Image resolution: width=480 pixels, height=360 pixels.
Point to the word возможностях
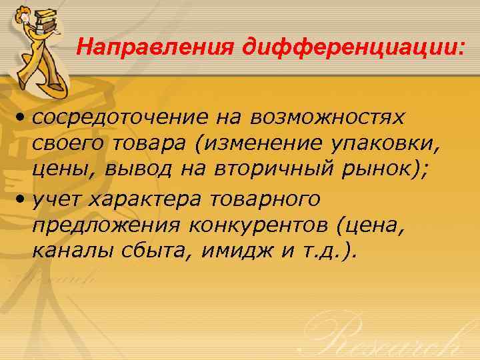point(327,118)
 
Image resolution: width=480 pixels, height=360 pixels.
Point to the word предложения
point(107,225)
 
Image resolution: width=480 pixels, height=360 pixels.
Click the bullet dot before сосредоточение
point(23,119)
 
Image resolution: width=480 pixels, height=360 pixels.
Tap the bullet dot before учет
point(23,199)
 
